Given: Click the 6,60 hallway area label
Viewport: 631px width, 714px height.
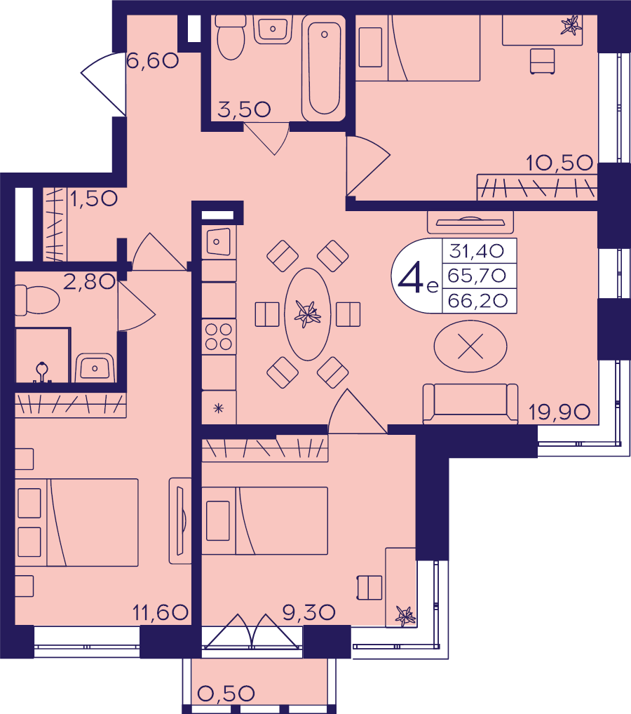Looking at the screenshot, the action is coord(153,60).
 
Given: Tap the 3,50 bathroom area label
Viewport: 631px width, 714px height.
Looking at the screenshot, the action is coord(244,109).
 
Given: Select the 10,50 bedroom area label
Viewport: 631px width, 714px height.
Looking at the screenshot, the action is coord(559,163).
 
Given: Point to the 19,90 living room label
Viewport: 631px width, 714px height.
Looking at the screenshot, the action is coord(559,412).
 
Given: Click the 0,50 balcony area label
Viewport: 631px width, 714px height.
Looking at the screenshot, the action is coord(226,694).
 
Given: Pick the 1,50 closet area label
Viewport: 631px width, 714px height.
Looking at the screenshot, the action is coord(94,198).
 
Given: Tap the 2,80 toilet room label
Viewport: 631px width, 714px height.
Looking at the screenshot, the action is coord(89,282).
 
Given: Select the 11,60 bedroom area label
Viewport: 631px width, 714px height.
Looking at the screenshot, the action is coord(161,612).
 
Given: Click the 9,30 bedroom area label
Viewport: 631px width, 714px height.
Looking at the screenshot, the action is coord(308,612).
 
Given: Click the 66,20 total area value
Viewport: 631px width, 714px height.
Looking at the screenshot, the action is coord(477,300).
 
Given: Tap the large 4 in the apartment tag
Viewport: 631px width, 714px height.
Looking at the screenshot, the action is coord(411,278).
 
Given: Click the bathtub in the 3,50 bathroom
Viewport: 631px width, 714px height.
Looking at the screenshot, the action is coord(324,68).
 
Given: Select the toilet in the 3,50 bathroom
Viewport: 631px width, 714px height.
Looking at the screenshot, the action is coord(231,38).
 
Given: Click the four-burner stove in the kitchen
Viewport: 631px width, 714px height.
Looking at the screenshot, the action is coord(219,337).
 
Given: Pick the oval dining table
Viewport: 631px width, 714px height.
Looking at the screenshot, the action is coord(308,314).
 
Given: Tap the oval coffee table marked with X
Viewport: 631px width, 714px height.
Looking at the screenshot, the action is coord(470,346).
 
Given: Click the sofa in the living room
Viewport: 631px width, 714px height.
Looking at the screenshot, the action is coord(470,403).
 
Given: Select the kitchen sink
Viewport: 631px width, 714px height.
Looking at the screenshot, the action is coord(219,242).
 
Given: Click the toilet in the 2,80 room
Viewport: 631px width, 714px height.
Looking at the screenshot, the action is coord(37,300).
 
